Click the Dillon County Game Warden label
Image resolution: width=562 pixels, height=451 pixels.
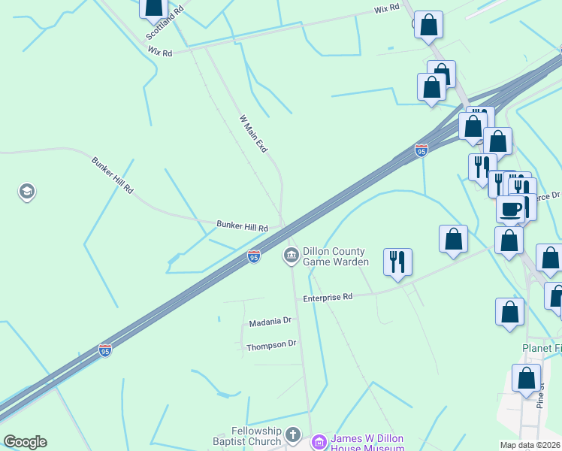335,256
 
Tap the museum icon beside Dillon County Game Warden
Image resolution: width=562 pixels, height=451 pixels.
291,256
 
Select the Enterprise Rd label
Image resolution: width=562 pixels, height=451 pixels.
328,298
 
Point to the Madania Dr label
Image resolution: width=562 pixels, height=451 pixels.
270,322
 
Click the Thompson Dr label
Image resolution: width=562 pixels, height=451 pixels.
271,345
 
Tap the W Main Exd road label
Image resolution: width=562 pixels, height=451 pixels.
253,134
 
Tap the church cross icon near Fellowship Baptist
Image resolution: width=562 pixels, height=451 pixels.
294,435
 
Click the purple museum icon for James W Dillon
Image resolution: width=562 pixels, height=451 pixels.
319,441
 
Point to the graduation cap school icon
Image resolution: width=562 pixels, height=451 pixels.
27,192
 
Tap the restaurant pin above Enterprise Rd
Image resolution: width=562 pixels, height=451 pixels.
397,262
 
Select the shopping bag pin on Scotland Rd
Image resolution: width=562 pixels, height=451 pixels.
154,7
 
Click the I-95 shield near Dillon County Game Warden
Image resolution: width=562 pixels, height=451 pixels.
255,257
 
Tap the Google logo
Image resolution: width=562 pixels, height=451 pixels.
25,442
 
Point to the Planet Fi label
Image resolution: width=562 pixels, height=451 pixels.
542,349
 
